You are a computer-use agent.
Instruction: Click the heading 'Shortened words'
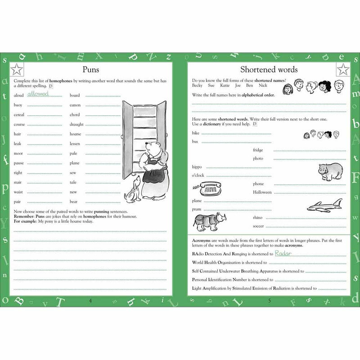[x=269, y=69]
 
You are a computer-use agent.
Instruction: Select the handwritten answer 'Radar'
[x=283, y=253]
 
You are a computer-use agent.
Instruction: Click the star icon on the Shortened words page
[x=343, y=69]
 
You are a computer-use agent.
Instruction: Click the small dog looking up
[x=131, y=190]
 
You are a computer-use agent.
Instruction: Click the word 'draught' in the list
[x=76, y=124]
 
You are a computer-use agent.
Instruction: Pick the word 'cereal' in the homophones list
[x=19, y=115]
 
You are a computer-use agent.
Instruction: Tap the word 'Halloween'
[x=262, y=192]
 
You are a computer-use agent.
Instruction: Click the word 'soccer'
[x=258, y=225]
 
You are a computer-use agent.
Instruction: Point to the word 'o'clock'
[x=198, y=175]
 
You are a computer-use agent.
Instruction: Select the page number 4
[x=91, y=301]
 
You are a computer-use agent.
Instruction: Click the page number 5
[x=269, y=301]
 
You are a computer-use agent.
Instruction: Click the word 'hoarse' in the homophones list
[x=76, y=134]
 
